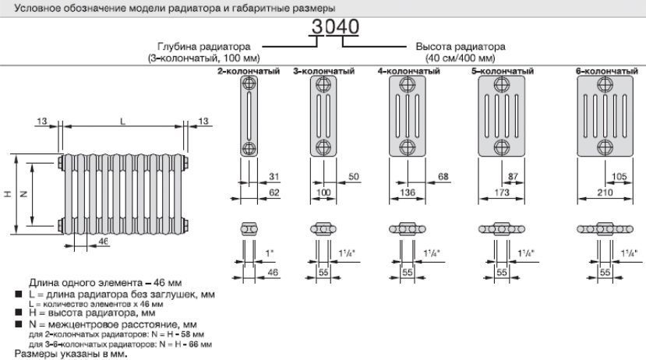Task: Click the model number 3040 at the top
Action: [x=335, y=27]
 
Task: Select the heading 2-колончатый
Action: [x=249, y=71]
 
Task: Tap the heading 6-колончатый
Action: [x=607, y=71]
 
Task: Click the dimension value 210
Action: [x=605, y=192]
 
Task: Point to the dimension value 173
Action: [x=502, y=192]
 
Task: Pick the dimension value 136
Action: [x=408, y=192]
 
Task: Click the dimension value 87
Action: [x=513, y=177]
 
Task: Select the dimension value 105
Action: [x=619, y=177]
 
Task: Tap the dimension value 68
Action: [x=443, y=177]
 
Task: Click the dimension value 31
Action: [x=274, y=177]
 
